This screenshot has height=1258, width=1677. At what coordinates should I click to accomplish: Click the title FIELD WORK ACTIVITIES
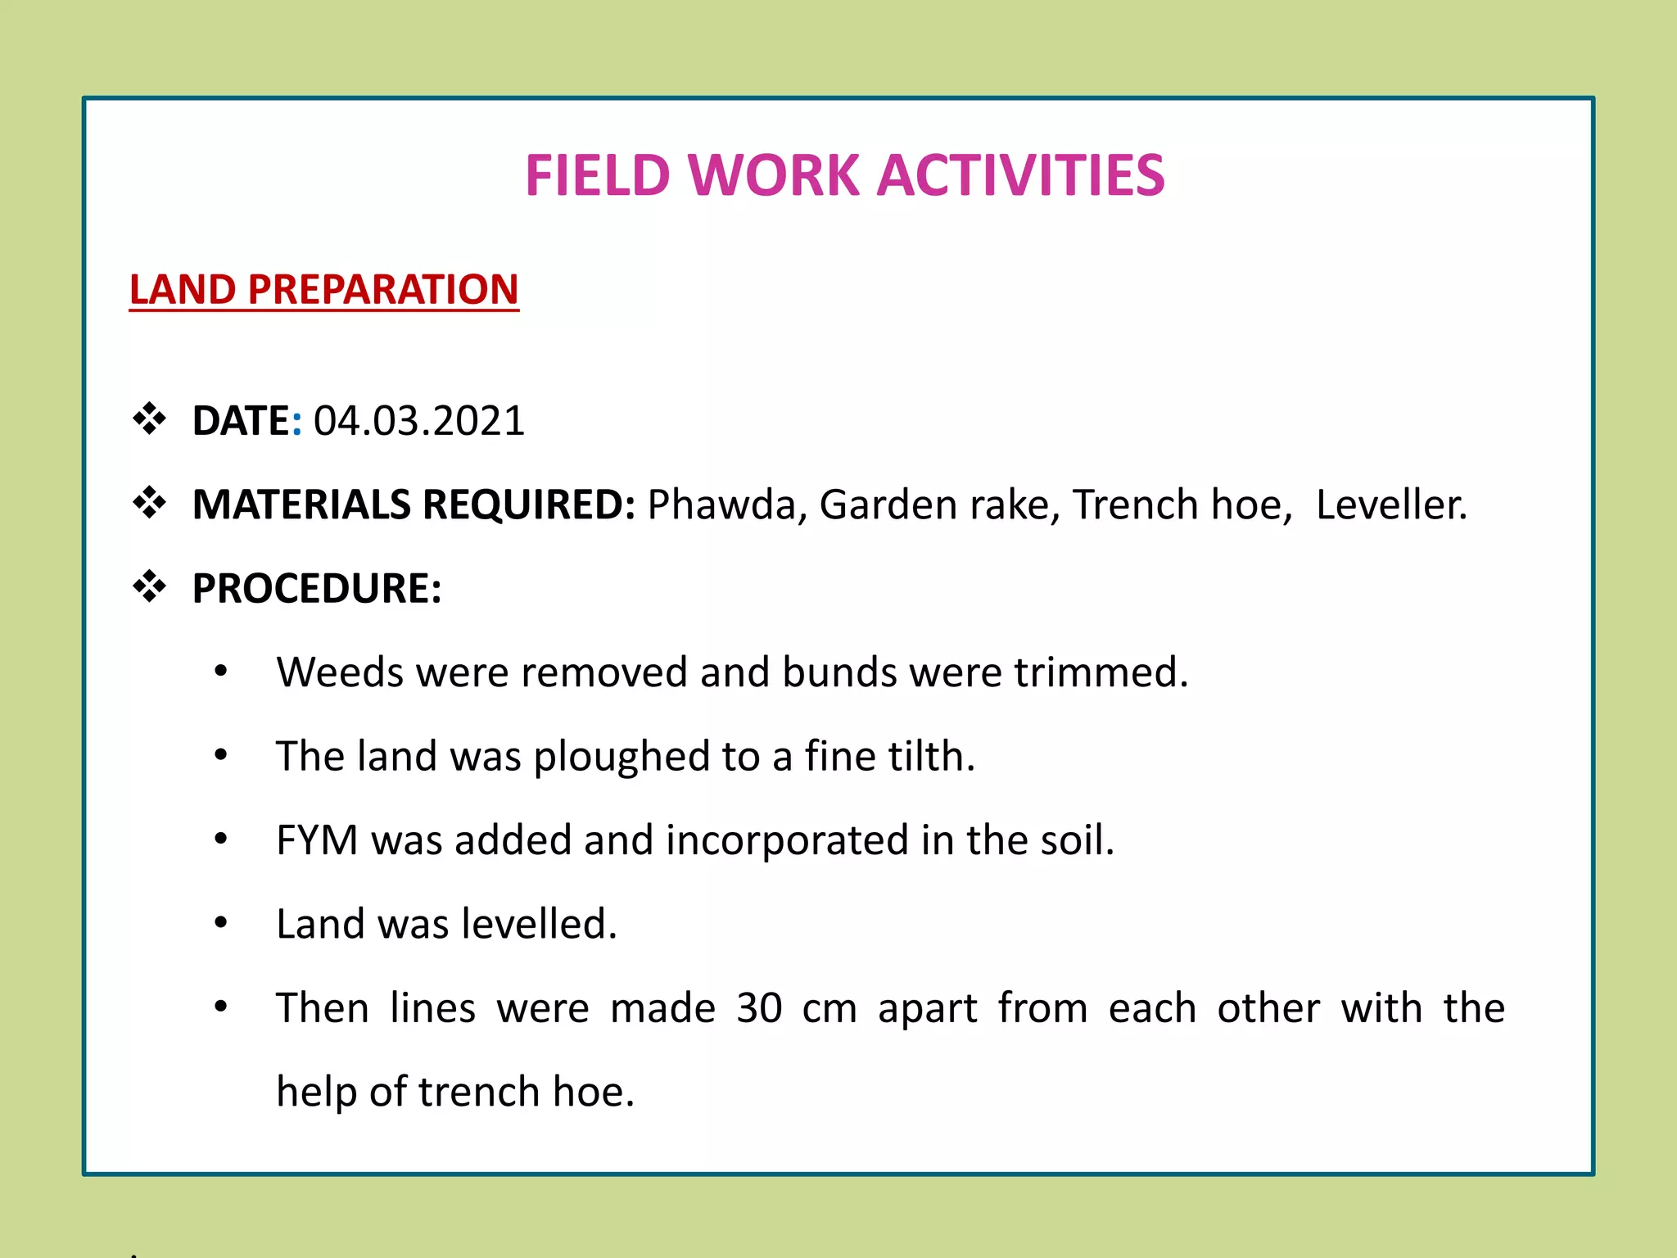coord(844,175)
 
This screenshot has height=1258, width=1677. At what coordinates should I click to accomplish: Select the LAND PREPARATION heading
coord(324,290)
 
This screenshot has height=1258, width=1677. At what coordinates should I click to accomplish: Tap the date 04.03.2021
coord(418,421)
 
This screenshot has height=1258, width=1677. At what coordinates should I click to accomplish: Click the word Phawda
coord(721,505)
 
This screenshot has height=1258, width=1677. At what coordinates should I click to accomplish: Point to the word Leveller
coord(1391,505)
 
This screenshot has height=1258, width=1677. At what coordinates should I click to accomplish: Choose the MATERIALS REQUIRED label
coord(414,505)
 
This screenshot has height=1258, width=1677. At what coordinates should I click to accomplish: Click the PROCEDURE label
coord(317,589)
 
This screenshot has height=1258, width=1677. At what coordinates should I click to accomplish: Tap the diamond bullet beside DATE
coord(149,419)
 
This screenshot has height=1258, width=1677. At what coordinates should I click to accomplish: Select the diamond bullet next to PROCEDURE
coord(149,586)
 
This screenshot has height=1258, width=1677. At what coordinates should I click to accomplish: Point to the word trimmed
coord(1101,672)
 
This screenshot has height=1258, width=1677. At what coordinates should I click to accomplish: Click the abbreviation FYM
coord(317,840)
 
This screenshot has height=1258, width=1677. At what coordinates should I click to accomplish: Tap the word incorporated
coord(787,840)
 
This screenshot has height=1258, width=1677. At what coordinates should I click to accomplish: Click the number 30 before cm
coord(759,1008)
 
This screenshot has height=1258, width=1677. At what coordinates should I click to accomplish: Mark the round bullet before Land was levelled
coord(220,923)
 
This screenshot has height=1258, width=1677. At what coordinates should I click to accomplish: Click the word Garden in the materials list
coord(888,505)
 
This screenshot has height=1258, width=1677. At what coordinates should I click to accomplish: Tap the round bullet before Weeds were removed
coord(220,672)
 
